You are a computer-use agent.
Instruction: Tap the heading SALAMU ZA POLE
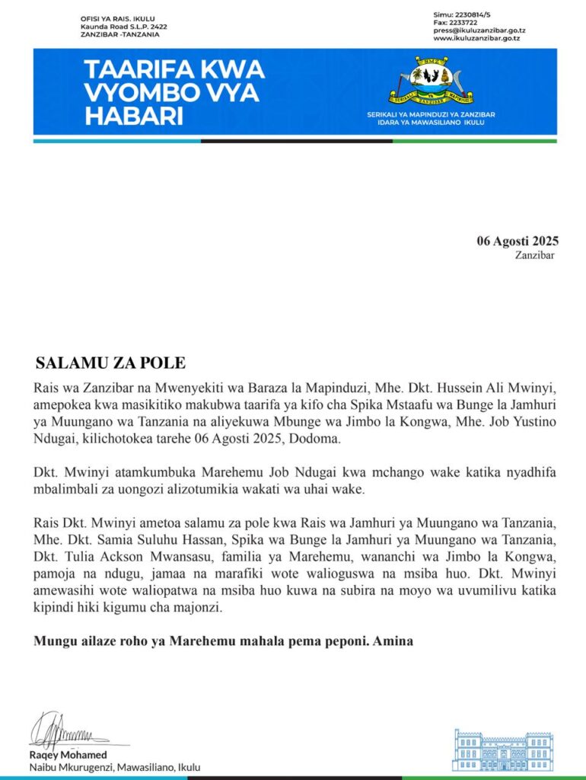110,362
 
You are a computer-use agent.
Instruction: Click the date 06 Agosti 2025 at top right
518,241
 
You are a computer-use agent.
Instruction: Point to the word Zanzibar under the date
535,255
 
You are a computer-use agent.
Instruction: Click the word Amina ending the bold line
393,641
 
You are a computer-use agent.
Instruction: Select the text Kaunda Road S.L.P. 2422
124,27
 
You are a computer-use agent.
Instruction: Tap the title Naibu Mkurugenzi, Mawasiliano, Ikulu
115,767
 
